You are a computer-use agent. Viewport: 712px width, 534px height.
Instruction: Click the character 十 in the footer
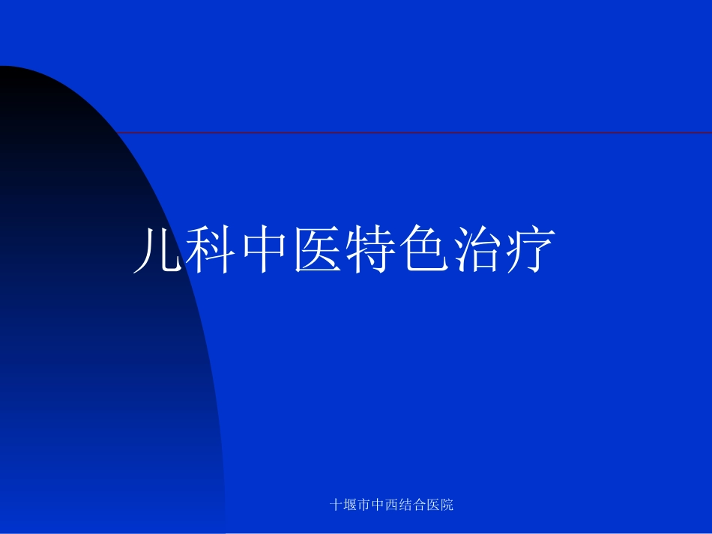tap(337, 505)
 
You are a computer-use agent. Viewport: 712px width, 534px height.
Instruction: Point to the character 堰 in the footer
tap(351, 505)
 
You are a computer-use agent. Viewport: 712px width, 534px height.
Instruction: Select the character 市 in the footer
tap(365, 505)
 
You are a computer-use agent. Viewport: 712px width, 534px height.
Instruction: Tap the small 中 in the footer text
tap(378, 505)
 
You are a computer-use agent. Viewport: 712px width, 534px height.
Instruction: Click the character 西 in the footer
tap(392, 505)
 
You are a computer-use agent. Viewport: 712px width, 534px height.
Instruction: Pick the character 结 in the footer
tap(406, 505)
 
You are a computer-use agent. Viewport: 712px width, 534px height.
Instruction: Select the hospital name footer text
tap(392, 505)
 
